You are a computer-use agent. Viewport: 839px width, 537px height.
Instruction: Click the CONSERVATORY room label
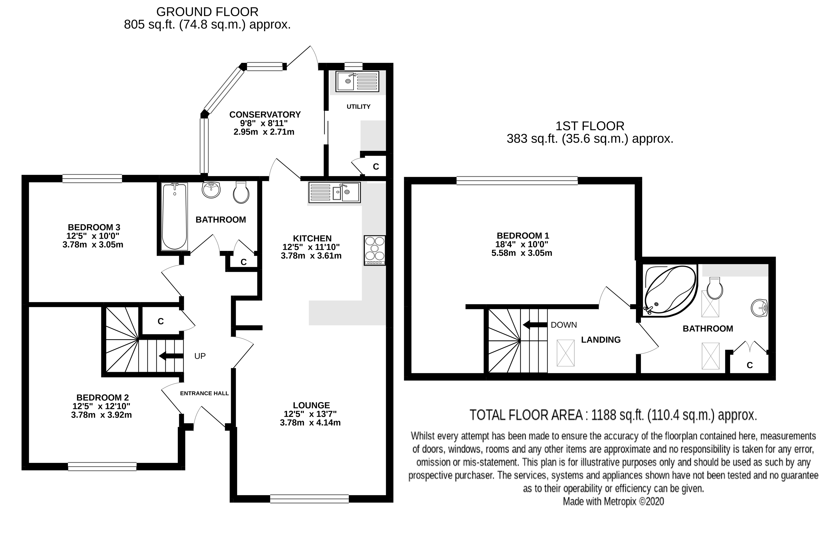coord(265,114)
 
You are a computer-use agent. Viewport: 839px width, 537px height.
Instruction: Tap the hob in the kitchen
coord(375,250)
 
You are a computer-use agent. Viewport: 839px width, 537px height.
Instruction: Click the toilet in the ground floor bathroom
coord(241,192)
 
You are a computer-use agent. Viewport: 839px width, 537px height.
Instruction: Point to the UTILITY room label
coord(358,107)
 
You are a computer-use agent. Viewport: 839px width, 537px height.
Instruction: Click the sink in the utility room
coord(357,82)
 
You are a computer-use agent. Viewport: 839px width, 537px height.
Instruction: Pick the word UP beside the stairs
coord(200,356)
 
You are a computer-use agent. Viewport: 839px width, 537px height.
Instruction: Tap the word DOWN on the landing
coord(564,325)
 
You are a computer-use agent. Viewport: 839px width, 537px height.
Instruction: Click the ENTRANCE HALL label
coord(204,393)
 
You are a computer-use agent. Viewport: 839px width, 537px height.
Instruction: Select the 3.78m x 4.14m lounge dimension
coord(310,423)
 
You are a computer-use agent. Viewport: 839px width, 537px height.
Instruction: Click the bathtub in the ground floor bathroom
coord(174,216)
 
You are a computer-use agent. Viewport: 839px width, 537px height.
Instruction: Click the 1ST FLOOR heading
coord(590,126)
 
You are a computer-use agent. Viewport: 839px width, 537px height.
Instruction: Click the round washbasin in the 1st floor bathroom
coord(759,308)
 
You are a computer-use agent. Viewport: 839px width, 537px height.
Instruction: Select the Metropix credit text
coord(613,501)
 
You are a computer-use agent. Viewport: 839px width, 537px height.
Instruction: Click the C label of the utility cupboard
coord(376,167)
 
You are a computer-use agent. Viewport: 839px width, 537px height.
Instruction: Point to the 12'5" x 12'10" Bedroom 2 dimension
coord(101,406)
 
